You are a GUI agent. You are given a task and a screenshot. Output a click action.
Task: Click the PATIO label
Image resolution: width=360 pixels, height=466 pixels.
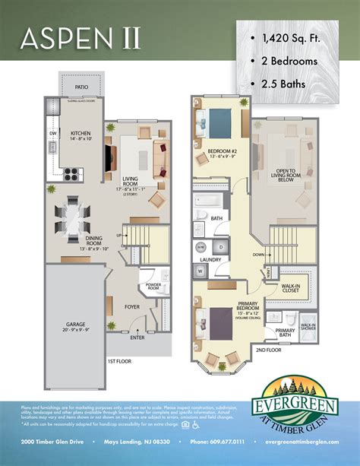(x=81, y=87)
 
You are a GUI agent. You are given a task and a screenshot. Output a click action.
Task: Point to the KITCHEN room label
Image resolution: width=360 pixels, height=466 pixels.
(x=81, y=134)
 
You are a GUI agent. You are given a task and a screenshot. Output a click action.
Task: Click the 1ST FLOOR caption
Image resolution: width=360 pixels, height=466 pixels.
(x=121, y=360)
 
